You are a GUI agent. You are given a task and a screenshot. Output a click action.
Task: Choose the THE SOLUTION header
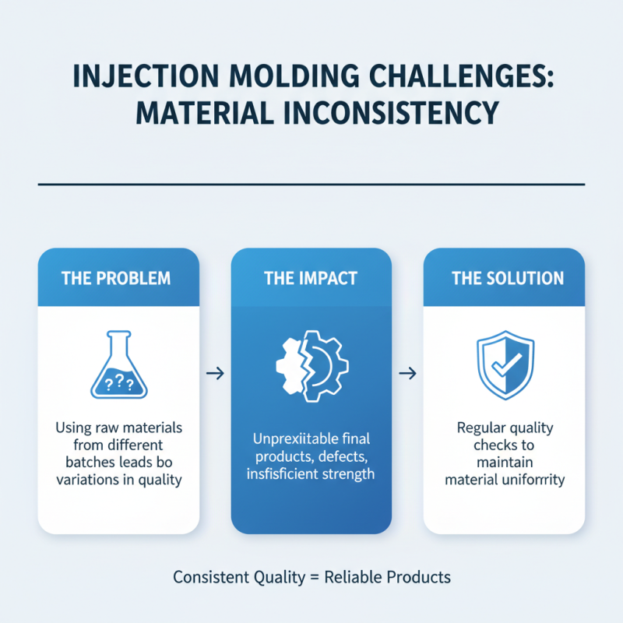[x=504, y=278]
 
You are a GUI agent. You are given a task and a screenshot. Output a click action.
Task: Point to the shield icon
[x=504, y=365]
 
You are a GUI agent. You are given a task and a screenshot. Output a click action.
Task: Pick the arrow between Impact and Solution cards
[x=407, y=374]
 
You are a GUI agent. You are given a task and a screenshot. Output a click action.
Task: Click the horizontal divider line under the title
[x=311, y=185]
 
